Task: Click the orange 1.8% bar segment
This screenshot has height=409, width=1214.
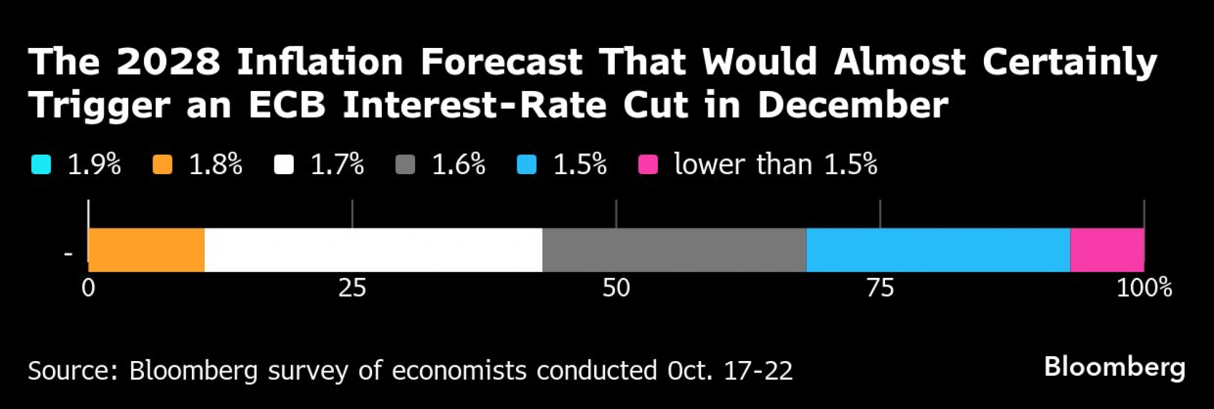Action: point(146,250)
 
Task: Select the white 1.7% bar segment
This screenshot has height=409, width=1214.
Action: point(373,250)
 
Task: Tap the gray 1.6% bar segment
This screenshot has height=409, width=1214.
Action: point(674,250)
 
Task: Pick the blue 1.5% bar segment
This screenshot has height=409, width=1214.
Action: point(938,250)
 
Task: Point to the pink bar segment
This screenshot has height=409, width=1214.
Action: point(1107,250)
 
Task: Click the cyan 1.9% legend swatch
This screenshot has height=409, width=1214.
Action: point(41,164)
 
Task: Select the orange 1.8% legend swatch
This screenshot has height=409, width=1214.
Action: point(163,164)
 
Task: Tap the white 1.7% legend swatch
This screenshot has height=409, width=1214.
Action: point(284,164)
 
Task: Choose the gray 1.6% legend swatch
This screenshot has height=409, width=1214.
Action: point(405,164)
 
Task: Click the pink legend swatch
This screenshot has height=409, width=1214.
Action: point(648,164)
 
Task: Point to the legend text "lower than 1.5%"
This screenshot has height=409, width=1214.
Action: point(776,164)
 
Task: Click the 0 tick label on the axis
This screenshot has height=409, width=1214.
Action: point(89,288)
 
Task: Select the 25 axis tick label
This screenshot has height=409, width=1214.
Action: point(352,288)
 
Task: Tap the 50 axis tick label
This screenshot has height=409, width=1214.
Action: point(616,288)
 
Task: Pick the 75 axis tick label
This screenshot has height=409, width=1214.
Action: point(880,288)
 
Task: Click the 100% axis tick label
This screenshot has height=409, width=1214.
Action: point(1144,288)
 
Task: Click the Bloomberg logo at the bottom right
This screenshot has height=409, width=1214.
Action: point(1114,368)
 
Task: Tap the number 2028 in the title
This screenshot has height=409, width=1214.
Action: point(168,62)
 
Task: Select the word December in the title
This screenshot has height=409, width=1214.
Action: point(852,105)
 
